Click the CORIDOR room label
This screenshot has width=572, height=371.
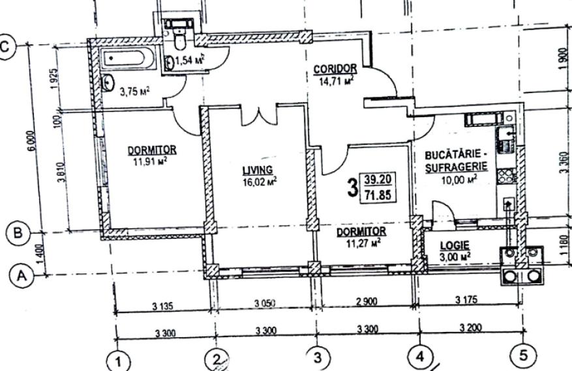tap(335, 68)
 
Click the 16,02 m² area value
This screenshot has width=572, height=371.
tap(258, 182)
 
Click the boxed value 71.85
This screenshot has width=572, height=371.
tap(378, 195)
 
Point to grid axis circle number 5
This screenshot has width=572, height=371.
tap(522, 355)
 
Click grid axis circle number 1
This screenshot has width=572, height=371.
tap(117, 359)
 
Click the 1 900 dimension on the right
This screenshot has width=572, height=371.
tap(564, 64)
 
